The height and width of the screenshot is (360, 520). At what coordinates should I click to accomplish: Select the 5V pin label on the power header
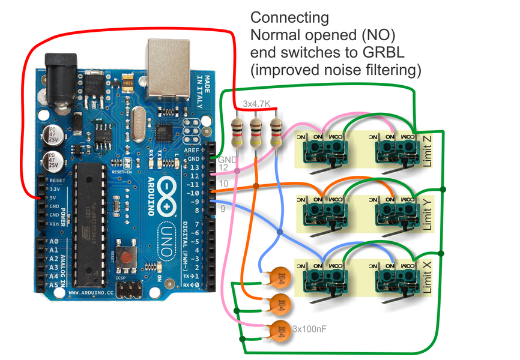click(x=53, y=197)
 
